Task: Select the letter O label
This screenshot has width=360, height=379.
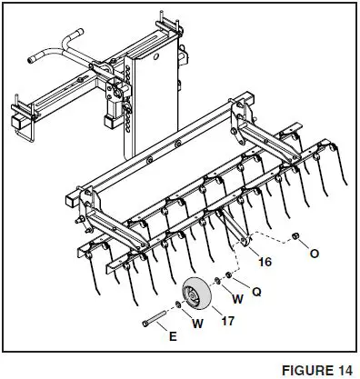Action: point(314,253)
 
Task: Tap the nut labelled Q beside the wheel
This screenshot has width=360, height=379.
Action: point(228,277)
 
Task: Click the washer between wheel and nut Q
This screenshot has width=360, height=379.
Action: point(218,283)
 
